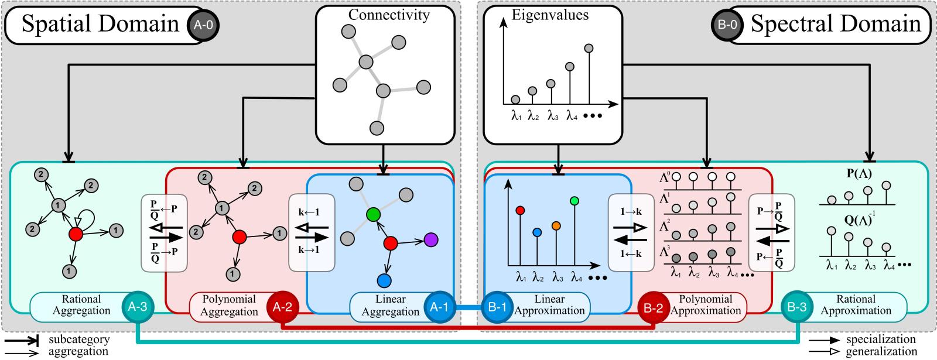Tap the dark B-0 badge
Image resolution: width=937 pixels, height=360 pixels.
click(x=728, y=24)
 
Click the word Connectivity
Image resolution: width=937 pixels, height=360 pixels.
click(x=389, y=15)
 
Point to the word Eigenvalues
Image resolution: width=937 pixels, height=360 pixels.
click(x=550, y=15)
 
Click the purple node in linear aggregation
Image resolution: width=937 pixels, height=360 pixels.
click(x=431, y=239)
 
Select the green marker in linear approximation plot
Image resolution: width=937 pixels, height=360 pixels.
click(x=574, y=201)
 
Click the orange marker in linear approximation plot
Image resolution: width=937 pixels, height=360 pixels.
click(x=556, y=225)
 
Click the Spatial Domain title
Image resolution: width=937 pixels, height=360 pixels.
click(x=100, y=24)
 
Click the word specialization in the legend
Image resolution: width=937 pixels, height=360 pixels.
click(x=880, y=340)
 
